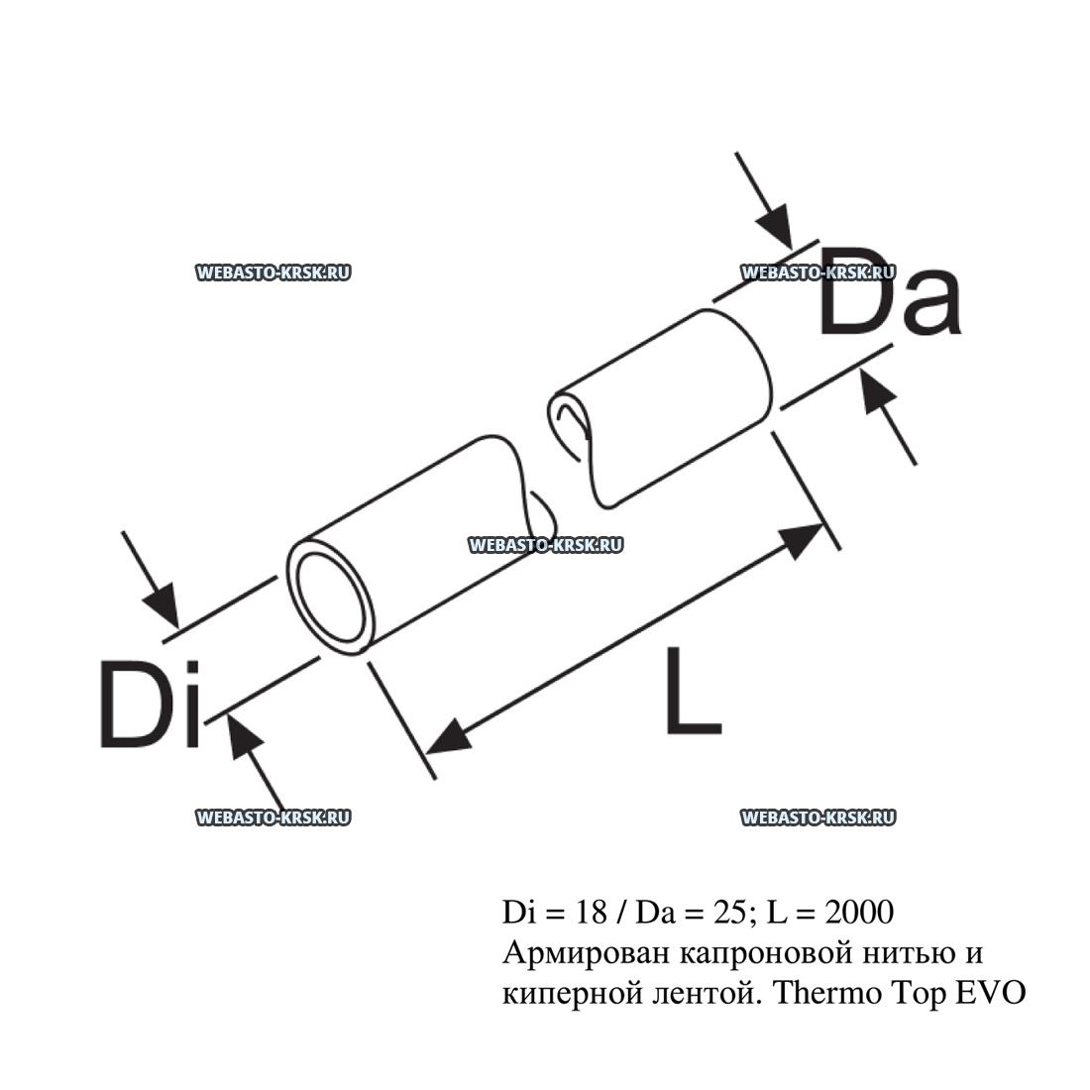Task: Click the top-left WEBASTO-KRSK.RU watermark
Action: tap(273, 273)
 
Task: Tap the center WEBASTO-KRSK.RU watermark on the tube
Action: tap(544, 544)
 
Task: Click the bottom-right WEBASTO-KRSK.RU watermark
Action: tap(817, 817)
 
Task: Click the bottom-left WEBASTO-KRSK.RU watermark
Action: tap(273, 817)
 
